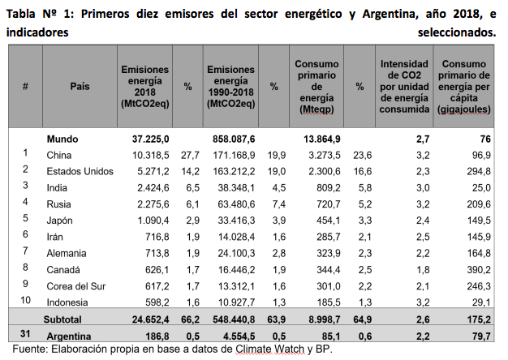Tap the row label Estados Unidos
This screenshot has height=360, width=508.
click(80, 170)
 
